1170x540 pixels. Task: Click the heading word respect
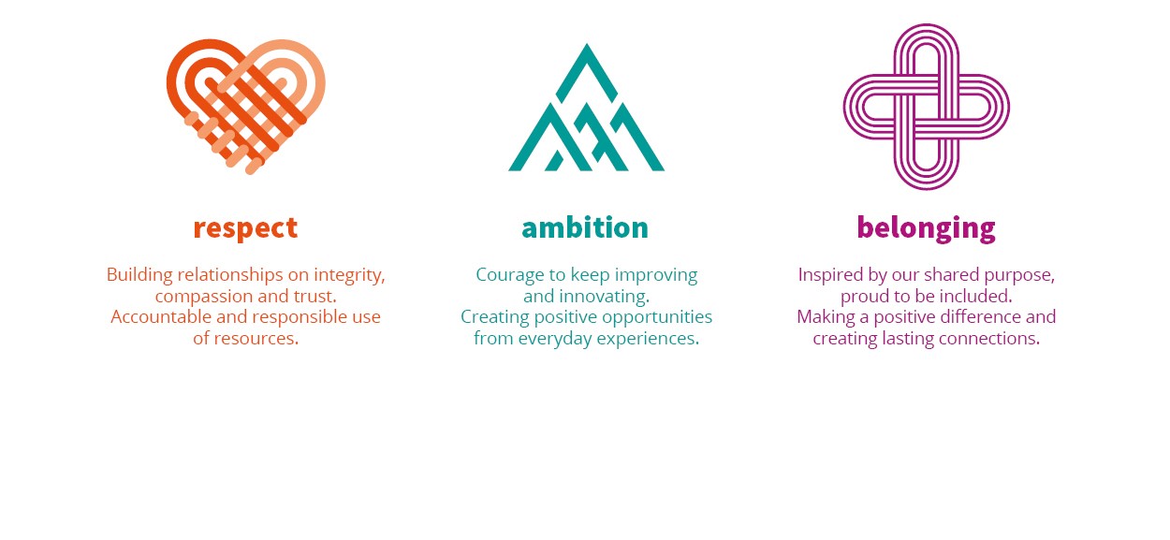click(x=245, y=228)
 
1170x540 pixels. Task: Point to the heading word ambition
click(x=585, y=227)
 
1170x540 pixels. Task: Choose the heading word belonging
click(x=926, y=228)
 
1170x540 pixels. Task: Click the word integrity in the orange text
click(x=349, y=275)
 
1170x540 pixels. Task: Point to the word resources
click(x=256, y=339)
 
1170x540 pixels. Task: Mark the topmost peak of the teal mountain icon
click(x=587, y=44)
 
